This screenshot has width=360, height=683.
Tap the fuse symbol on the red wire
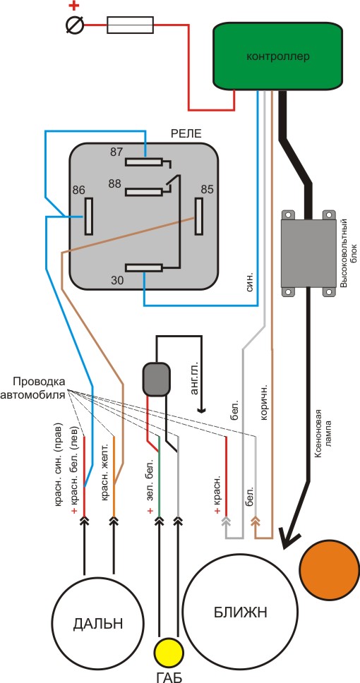(x=130, y=25)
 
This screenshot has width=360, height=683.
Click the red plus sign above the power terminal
(x=76, y=6)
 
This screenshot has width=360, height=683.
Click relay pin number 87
(x=116, y=152)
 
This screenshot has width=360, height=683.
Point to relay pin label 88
(x=115, y=184)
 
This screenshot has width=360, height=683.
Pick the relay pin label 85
(x=207, y=190)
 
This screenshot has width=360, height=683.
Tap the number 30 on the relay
(x=116, y=281)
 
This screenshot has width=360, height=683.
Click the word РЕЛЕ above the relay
(x=187, y=134)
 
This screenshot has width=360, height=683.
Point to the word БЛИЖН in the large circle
(x=240, y=612)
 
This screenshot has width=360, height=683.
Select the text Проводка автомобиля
(x=39, y=388)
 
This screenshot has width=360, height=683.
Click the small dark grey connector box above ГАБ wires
(x=157, y=380)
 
